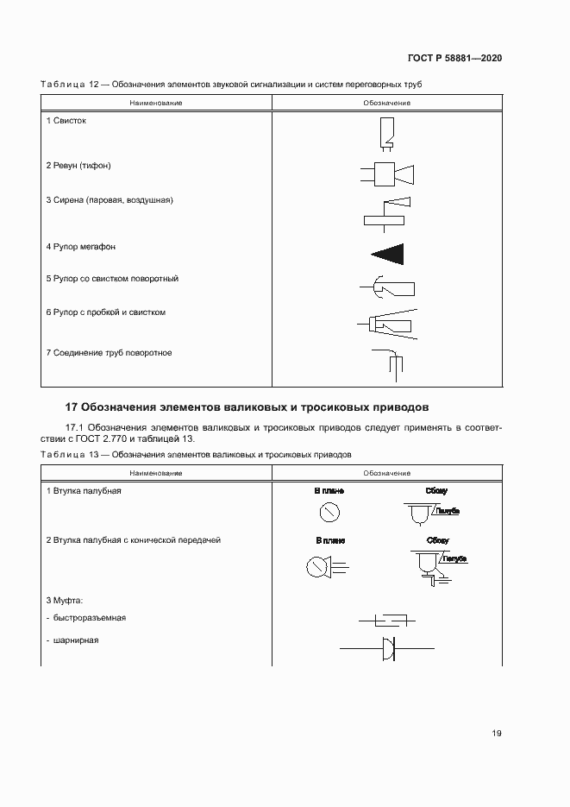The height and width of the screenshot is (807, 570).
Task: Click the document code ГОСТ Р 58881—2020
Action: click(x=454, y=58)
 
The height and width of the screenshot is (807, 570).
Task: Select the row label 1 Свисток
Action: click(x=66, y=121)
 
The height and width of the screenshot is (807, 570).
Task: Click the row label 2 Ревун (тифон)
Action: click(x=78, y=165)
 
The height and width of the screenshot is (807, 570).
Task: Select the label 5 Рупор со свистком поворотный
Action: click(x=112, y=280)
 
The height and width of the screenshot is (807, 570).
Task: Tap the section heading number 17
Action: click(x=73, y=407)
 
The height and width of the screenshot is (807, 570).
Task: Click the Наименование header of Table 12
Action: click(x=156, y=103)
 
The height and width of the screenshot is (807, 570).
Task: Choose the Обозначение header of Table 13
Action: click(x=386, y=473)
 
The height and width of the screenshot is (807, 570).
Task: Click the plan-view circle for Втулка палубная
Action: click(x=329, y=513)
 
